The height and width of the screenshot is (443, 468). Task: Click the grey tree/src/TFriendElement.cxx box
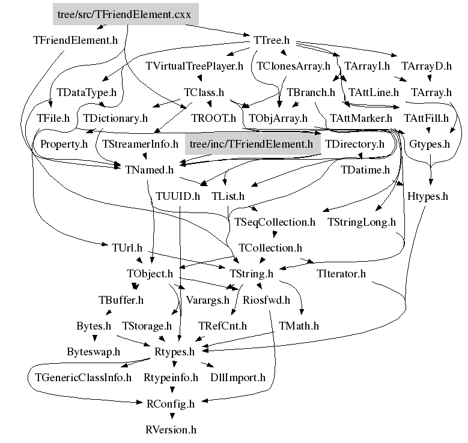click(124, 15)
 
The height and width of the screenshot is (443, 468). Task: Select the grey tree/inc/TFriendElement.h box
click(251, 144)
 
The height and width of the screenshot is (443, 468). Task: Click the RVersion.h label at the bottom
click(171, 430)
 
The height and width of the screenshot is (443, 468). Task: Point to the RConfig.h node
click(171, 404)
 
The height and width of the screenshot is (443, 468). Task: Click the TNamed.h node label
click(150, 170)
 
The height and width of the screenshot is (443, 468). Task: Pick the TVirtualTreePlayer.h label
click(194, 66)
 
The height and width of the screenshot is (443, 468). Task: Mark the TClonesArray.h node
click(294, 66)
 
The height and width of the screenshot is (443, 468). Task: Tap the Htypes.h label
click(428, 196)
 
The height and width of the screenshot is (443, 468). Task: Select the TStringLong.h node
click(362, 222)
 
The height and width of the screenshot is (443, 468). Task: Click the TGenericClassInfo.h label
click(80, 378)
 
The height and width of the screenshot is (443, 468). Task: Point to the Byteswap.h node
click(93, 352)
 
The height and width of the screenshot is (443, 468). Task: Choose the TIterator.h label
click(341, 274)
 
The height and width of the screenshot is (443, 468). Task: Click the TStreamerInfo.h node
click(141, 144)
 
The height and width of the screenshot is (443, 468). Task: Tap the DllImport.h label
click(238, 378)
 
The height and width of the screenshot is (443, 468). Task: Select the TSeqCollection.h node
click(275, 222)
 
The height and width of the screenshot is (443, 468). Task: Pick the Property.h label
click(64, 144)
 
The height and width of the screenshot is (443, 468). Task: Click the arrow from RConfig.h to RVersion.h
click(171, 417)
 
